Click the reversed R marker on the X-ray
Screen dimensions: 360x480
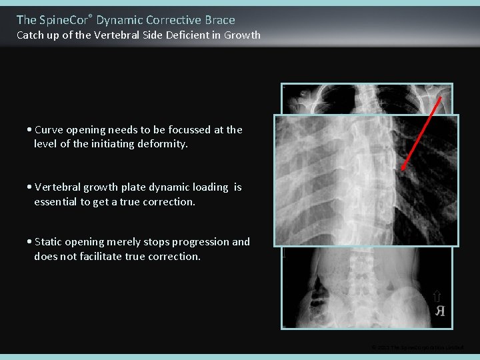pyautogui.click(x=439, y=311)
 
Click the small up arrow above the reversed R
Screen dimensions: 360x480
pyautogui.click(x=437, y=297)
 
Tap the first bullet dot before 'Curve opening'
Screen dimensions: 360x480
pyautogui.click(x=30, y=130)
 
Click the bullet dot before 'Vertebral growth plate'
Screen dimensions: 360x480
pyautogui.click(x=30, y=187)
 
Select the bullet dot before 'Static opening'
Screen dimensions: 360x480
pyautogui.click(x=30, y=242)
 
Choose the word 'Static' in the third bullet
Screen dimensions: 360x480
pyautogui.click(x=49, y=242)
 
